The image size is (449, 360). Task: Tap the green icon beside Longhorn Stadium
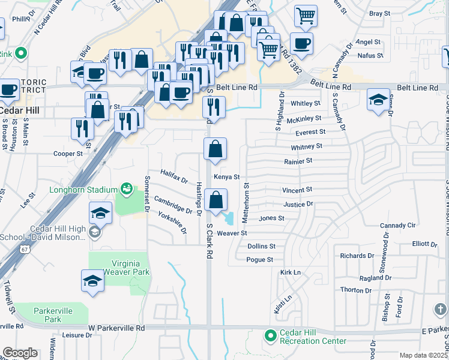click(125, 190)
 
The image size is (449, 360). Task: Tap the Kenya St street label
click(227, 177)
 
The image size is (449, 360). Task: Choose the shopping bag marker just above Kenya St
click(215, 149)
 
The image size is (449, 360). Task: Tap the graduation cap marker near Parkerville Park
click(92, 281)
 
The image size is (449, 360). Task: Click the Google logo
click(20, 353)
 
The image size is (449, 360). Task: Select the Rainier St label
click(298, 161)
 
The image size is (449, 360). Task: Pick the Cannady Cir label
click(397, 226)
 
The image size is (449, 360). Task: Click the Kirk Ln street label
click(290, 272)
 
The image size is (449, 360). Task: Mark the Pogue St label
click(260, 260)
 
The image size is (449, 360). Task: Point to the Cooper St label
click(67, 154)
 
